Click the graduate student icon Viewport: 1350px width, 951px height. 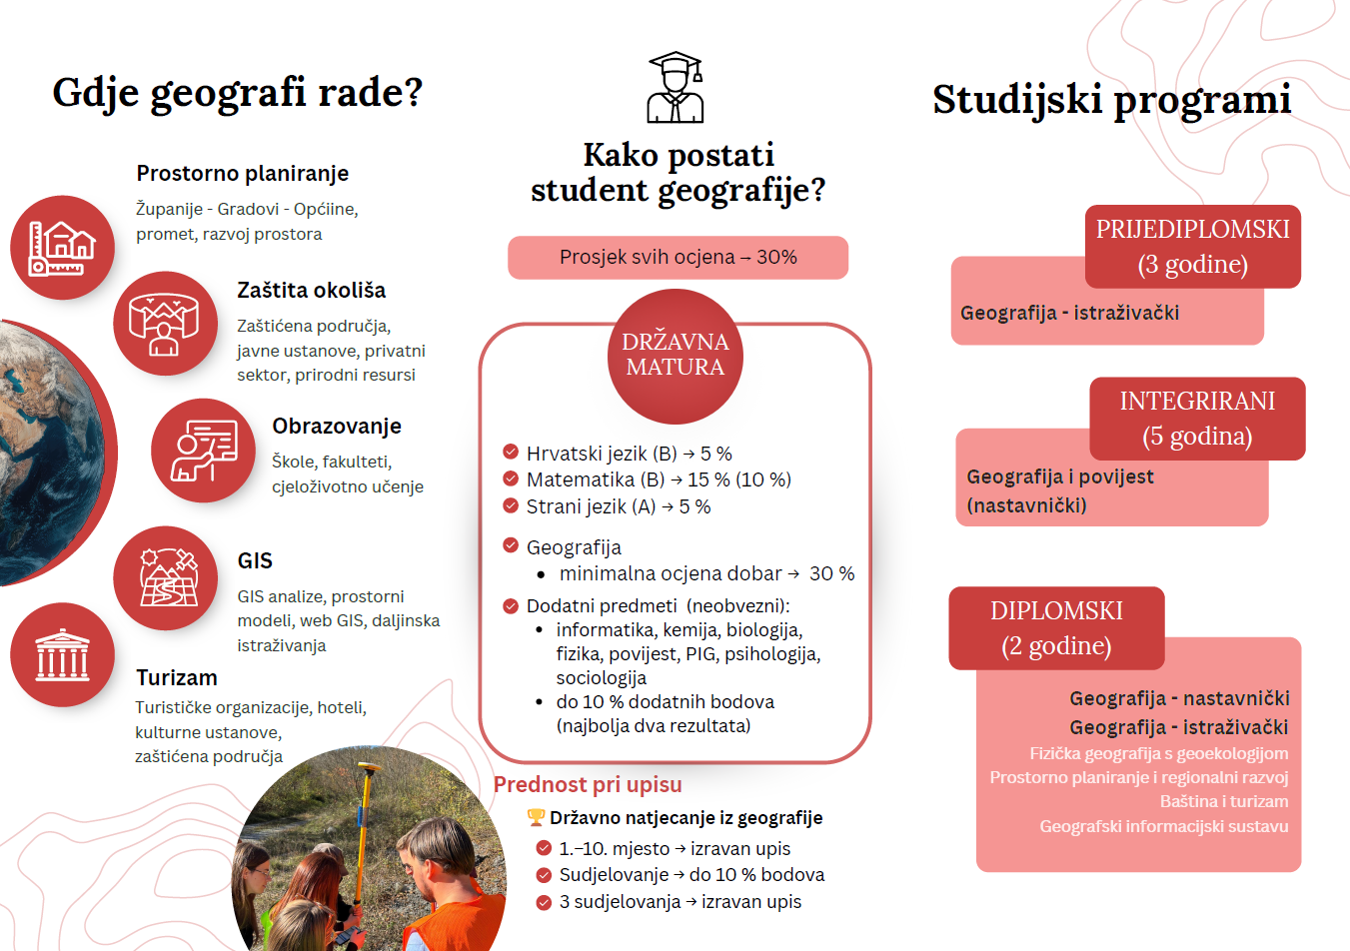675,88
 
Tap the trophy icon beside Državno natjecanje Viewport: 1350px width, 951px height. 537,818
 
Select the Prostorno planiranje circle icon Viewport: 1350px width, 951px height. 62,248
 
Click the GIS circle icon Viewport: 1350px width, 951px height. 165,578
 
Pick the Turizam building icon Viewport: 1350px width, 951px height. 62,655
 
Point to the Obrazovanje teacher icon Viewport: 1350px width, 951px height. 203,451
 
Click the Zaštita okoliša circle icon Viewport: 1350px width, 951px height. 165,324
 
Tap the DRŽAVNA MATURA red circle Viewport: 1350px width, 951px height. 675,355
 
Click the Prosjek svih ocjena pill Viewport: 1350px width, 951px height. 677,258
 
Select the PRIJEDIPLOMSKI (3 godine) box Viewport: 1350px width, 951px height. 1193,247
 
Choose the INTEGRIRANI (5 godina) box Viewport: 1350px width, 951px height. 1197,419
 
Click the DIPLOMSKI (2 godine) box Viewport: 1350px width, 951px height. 1056,628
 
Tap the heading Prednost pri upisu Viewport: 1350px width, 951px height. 588,785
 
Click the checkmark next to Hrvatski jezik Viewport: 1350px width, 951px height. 511,452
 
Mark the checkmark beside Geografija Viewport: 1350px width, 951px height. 511,545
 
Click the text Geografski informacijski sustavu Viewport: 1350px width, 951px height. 1163,826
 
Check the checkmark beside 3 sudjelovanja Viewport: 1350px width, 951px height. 544,902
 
